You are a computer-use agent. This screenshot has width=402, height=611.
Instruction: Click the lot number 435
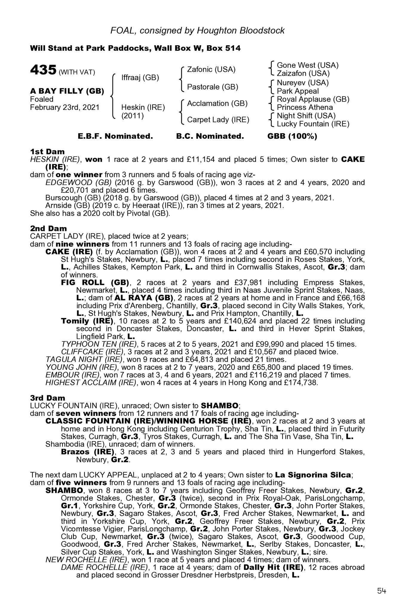(x=43, y=70)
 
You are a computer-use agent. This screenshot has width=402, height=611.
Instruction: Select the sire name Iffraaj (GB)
(x=140, y=78)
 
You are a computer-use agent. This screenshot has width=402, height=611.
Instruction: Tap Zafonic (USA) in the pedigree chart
(x=211, y=70)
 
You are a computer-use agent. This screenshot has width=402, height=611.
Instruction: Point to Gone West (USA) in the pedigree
(x=308, y=65)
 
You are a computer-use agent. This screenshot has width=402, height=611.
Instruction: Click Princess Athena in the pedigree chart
(x=305, y=107)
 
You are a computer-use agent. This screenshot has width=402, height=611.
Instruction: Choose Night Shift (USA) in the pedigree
(x=306, y=116)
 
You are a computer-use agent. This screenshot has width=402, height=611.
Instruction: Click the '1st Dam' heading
(x=47, y=152)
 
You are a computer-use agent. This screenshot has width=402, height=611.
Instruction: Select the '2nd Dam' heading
(x=48, y=229)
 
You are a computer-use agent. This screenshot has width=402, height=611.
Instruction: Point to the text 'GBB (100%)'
(x=292, y=136)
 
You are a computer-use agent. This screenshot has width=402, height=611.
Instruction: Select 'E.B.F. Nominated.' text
(x=115, y=136)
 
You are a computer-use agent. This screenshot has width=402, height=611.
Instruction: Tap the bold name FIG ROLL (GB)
(x=95, y=283)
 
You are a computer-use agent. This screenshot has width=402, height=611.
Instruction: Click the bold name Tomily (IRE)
(x=88, y=321)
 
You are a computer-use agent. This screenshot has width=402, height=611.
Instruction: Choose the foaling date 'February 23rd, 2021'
(x=65, y=107)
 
